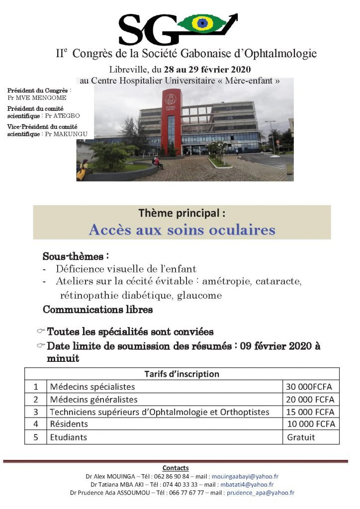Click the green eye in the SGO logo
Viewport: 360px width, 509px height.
(x=204, y=23)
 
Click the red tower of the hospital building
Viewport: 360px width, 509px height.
(x=171, y=122)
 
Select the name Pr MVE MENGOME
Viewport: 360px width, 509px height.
(x=30, y=97)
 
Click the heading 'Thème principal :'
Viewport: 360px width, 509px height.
(x=181, y=214)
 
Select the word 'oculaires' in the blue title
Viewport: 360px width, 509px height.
(x=244, y=230)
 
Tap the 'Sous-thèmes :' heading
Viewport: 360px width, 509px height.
(x=76, y=257)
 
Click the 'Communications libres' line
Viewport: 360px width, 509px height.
(x=97, y=310)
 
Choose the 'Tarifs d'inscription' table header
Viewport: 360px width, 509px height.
(x=181, y=374)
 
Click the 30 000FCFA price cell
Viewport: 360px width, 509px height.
(x=309, y=386)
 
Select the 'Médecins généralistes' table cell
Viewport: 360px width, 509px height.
(x=94, y=399)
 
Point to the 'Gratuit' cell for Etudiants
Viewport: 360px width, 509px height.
(x=301, y=437)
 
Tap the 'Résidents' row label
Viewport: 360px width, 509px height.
(x=69, y=424)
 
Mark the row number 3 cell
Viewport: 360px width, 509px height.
(x=36, y=412)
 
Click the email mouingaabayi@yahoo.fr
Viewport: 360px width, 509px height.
(x=252, y=476)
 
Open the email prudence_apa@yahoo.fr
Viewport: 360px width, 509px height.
(x=260, y=493)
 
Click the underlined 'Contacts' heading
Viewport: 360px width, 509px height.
(x=176, y=468)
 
